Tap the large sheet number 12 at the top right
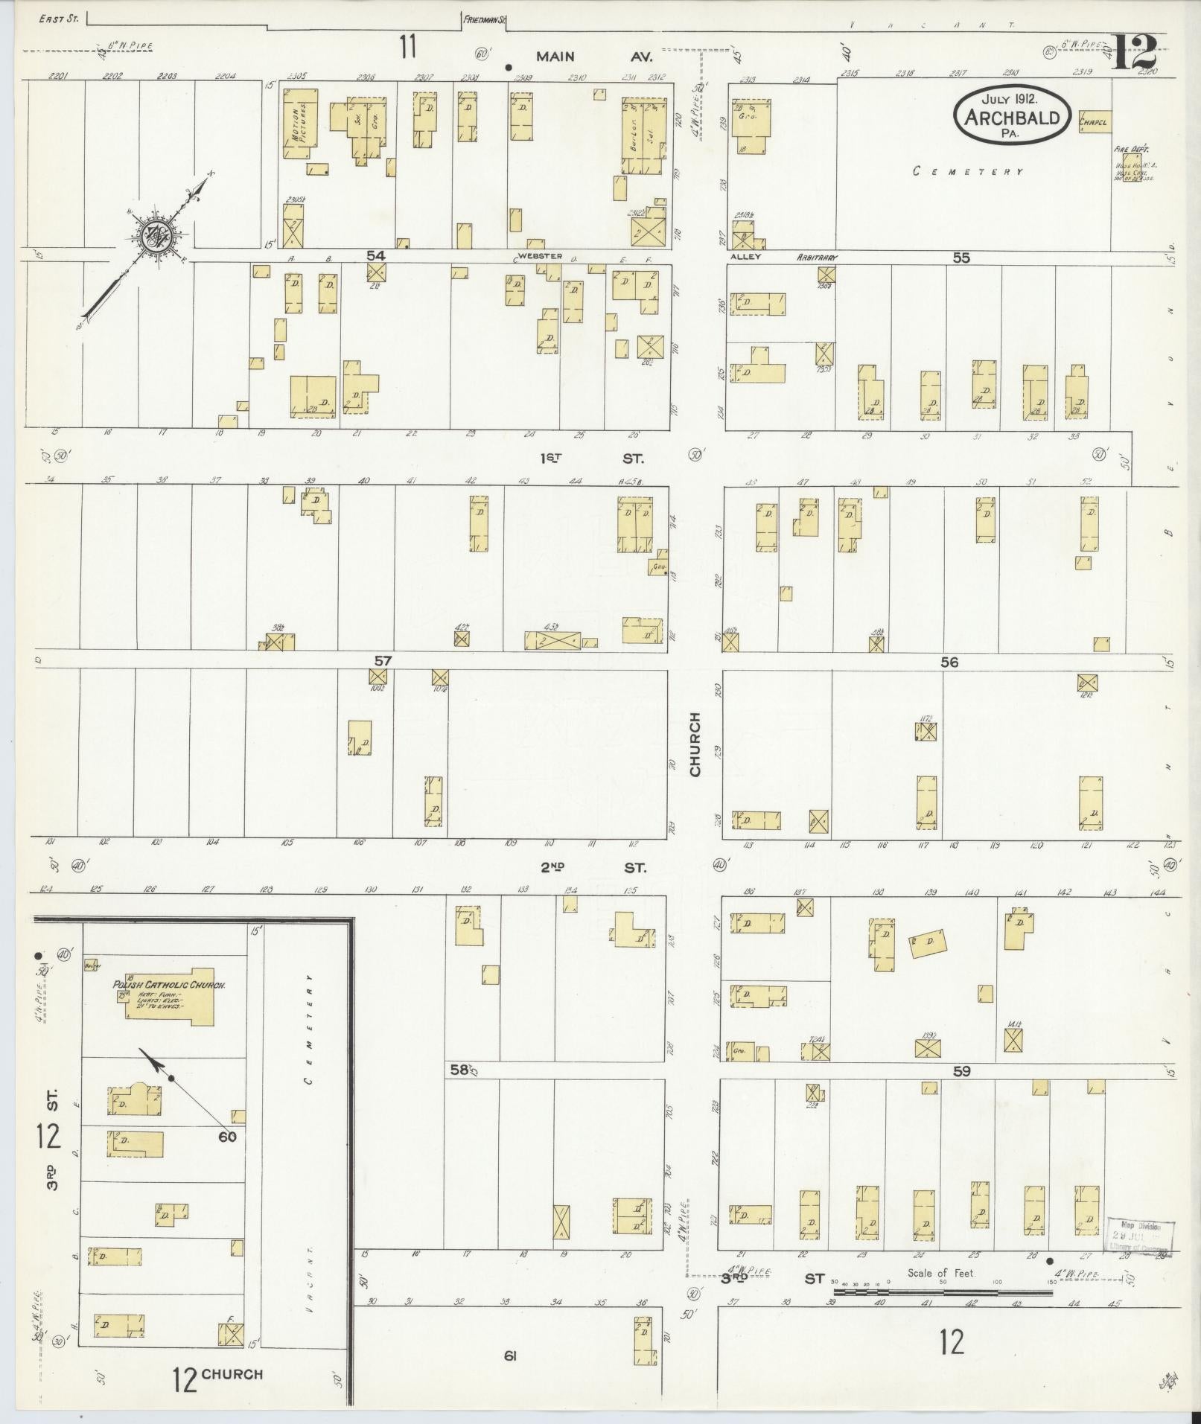[1132, 51]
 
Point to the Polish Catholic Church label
[169, 985]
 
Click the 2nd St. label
[593, 867]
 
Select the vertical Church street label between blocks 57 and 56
[695, 744]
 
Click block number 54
[376, 255]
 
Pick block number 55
[961, 258]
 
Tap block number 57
[383, 660]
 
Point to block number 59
[961, 1071]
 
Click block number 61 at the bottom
[509, 1356]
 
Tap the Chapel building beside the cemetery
[1093, 121]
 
